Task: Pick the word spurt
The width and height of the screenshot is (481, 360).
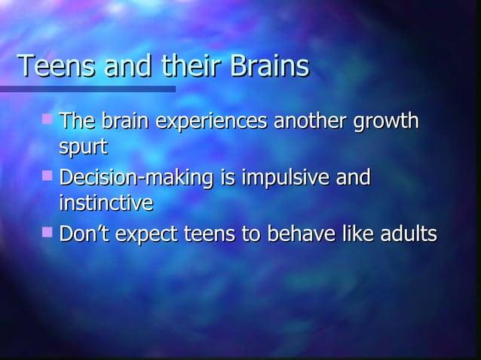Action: pos(78,146)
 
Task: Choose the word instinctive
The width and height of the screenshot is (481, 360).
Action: pos(106,203)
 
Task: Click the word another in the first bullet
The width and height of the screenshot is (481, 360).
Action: pos(311,121)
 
